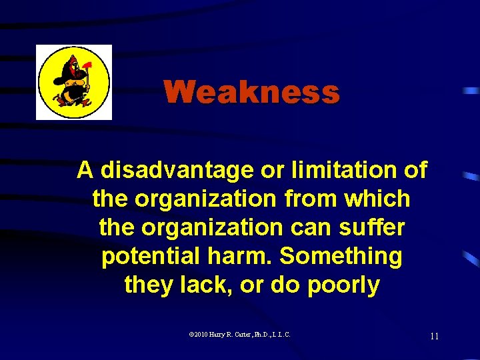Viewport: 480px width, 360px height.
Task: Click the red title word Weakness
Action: click(251, 93)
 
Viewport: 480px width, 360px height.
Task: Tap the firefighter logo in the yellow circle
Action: click(74, 82)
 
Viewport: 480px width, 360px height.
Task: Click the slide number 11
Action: click(434, 336)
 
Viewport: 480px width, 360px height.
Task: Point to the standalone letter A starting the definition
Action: click(85, 171)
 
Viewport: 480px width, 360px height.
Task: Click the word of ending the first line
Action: click(415, 171)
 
